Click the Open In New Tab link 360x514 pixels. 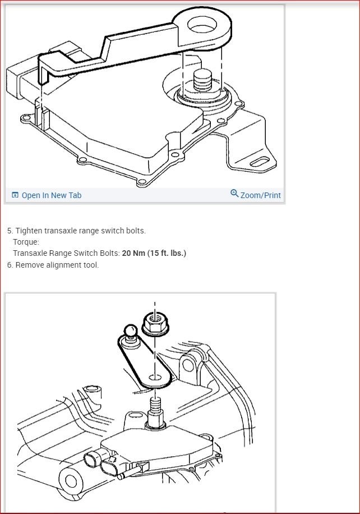click(x=51, y=195)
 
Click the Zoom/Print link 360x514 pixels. click(x=260, y=195)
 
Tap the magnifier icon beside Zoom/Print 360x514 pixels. click(x=234, y=194)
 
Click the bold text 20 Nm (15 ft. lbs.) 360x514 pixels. click(x=154, y=253)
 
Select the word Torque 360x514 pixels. click(x=25, y=242)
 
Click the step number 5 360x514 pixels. click(x=10, y=231)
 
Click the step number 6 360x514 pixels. click(x=10, y=265)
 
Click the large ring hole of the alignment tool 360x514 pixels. click(x=202, y=25)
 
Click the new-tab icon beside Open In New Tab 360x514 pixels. click(x=15, y=195)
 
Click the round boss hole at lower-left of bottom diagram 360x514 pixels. click(x=71, y=481)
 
